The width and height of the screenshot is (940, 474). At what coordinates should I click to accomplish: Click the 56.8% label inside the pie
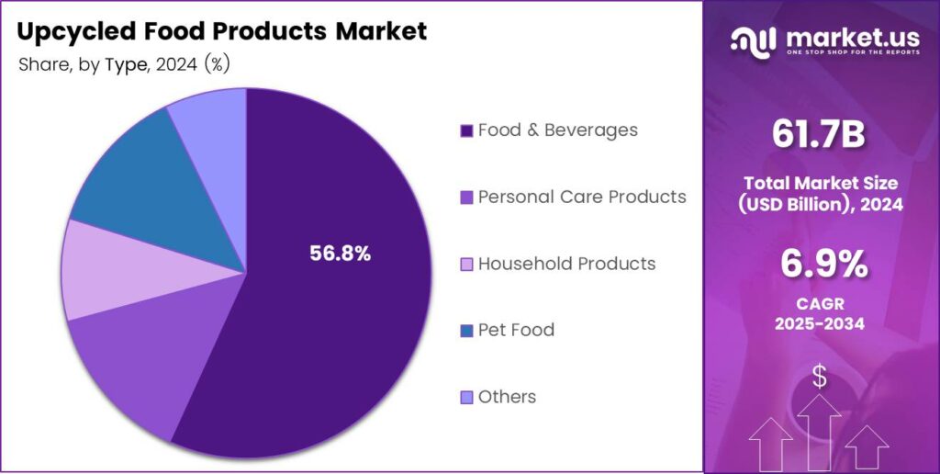pos(340,254)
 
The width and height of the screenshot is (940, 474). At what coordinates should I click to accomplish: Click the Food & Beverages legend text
pos(557,130)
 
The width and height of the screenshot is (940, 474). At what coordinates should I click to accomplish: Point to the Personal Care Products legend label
pos(582,197)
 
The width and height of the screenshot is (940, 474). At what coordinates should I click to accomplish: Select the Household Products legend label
pos(566,264)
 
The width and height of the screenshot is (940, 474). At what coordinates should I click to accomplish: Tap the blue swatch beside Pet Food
pos(466,331)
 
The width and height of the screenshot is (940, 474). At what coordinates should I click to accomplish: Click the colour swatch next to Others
pos(466,398)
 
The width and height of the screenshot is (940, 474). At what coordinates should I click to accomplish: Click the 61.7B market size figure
pos(820,135)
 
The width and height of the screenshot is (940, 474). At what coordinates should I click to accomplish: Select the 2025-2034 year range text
pos(821,323)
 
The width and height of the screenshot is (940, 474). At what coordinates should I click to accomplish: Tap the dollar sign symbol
pos(820,377)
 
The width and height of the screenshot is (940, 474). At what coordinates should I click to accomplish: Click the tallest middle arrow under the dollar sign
pos(819,432)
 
